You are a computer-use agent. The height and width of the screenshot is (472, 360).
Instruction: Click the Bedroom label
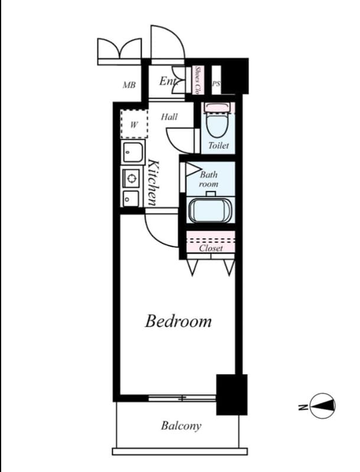click(178, 322)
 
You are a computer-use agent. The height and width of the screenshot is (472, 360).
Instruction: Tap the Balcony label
click(181, 425)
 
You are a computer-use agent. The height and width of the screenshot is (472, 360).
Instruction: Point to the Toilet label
click(218, 145)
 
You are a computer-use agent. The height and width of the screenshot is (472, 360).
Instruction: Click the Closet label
click(211, 248)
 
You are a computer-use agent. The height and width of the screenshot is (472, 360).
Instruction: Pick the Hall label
click(169, 117)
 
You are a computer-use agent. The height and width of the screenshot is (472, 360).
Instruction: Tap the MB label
click(129, 86)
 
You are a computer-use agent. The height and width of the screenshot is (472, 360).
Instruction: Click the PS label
click(216, 84)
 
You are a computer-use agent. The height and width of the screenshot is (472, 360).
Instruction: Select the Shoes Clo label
click(198, 80)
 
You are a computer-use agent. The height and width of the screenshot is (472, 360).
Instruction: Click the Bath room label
click(208, 179)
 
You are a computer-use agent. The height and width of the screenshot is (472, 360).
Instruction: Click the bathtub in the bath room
click(211, 211)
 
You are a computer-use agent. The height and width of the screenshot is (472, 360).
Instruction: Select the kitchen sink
click(133, 153)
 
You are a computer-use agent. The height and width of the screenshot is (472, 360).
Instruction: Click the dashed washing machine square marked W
click(133, 124)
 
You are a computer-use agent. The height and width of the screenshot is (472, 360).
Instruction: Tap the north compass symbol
click(323, 405)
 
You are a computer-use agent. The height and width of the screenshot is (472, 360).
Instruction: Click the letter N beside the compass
click(302, 406)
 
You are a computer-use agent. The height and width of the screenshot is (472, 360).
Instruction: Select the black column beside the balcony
click(231, 394)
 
